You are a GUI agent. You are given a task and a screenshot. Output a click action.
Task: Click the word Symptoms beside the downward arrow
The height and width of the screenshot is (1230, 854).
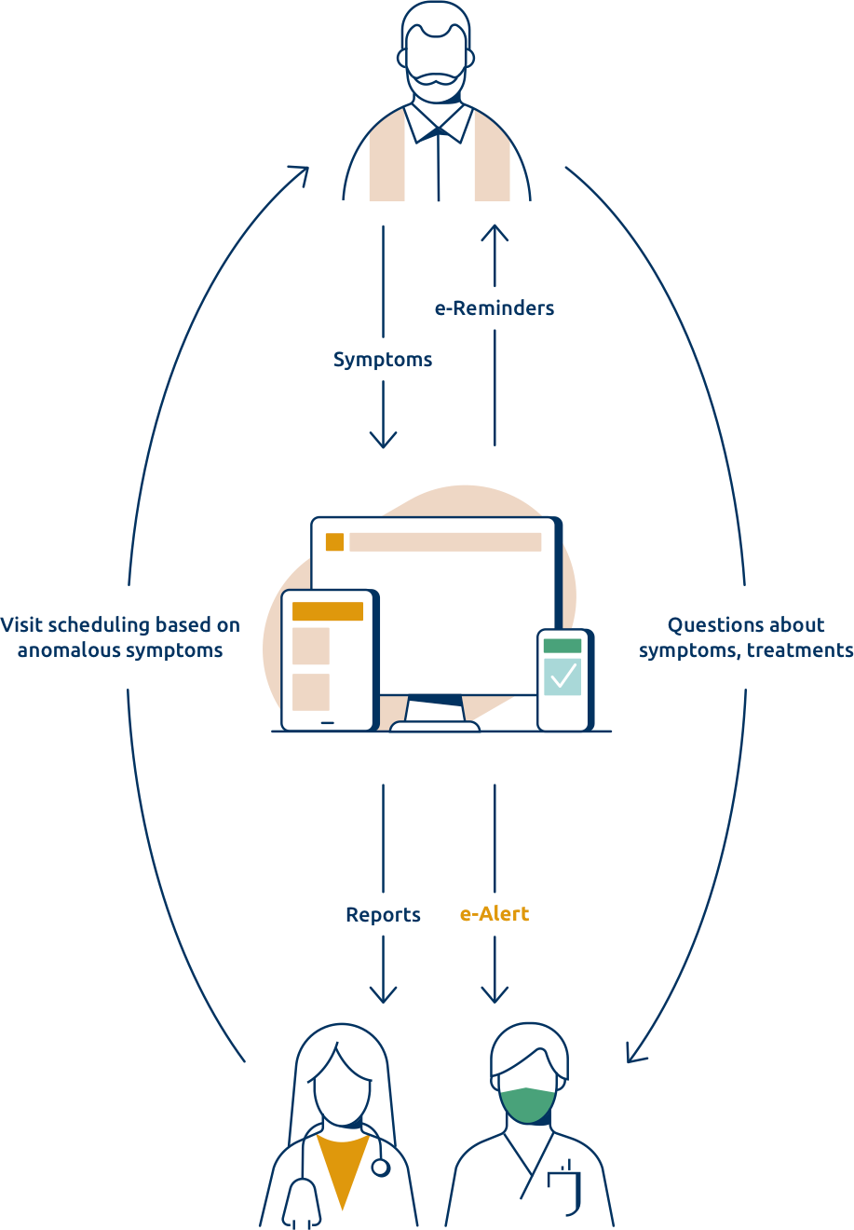point(383,360)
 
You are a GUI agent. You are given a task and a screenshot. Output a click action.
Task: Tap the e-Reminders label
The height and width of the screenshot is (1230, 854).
point(495,307)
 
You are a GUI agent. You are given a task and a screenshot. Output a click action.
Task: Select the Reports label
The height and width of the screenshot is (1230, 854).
point(383,915)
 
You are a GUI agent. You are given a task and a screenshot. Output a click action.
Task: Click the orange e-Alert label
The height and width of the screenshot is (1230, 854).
point(495,914)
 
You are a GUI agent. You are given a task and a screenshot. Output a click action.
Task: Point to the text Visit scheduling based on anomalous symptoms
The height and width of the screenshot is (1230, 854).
point(120,637)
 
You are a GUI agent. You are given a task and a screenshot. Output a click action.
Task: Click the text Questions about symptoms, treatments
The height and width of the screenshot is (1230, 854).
point(746,637)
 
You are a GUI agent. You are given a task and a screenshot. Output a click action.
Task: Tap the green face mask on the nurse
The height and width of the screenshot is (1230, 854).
point(528,1104)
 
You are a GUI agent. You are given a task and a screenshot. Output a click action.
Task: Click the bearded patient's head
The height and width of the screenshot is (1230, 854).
point(434,51)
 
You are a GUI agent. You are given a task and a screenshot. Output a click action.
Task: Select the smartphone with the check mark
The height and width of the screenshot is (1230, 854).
point(563,679)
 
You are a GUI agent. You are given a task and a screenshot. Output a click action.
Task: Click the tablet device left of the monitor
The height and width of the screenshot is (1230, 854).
point(329,660)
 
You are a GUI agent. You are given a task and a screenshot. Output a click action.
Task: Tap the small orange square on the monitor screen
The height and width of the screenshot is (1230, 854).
point(334,542)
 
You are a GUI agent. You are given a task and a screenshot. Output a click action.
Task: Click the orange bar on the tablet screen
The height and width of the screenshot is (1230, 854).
point(328,611)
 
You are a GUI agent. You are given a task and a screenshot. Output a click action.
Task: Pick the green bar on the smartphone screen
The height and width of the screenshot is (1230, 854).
point(563,646)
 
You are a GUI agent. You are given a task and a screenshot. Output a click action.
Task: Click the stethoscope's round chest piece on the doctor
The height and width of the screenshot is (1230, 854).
point(380,1167)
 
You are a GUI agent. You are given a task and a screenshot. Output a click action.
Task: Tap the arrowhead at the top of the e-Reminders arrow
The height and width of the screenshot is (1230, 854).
point(495,231)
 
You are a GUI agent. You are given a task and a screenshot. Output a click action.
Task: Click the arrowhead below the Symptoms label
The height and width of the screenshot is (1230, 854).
point(383,440)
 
